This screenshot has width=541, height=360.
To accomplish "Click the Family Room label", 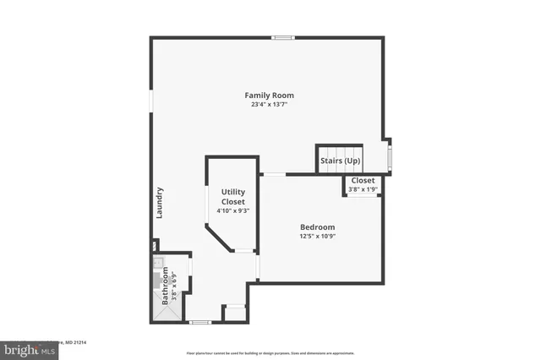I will click(270, 95).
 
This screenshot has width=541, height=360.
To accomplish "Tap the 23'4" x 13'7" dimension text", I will click(270, 105).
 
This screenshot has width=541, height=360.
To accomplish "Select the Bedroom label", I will click(317, 227).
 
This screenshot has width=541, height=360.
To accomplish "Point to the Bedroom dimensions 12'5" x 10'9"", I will click(317, 237).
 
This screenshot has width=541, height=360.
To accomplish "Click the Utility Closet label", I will click(232, 197).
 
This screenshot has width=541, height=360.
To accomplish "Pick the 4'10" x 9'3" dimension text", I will click(232, 210).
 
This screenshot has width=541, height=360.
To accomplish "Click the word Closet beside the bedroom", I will click(363, 181).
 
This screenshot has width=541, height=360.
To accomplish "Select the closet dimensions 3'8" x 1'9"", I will click(363, 189).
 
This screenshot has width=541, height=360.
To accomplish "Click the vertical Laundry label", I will click(159, 203).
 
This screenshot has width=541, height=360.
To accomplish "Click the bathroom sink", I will click(158, 263).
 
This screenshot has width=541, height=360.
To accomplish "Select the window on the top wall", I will click(283, 37).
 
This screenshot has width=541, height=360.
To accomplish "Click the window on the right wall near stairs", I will click(389, 156).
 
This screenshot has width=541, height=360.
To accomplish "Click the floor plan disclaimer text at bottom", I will click(270, 352).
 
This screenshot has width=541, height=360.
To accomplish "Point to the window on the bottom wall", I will click(199, 322).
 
